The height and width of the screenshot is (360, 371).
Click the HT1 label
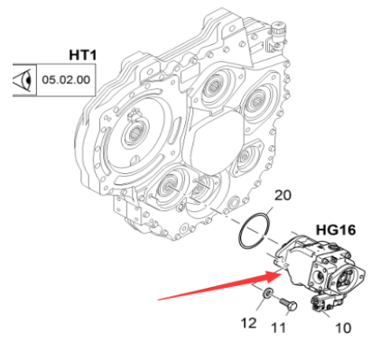(83, 55)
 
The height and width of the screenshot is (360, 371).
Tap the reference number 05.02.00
(66, 79)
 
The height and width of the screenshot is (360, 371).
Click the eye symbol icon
(23, 79)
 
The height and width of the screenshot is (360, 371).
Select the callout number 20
(283, 196)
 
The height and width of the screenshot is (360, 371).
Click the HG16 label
(336, 230)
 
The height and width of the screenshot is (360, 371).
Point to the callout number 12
(248, 323)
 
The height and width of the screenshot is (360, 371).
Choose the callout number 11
(278, 328)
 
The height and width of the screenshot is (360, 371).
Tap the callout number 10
(343, 328)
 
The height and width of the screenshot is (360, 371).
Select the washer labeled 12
(267, 293)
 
